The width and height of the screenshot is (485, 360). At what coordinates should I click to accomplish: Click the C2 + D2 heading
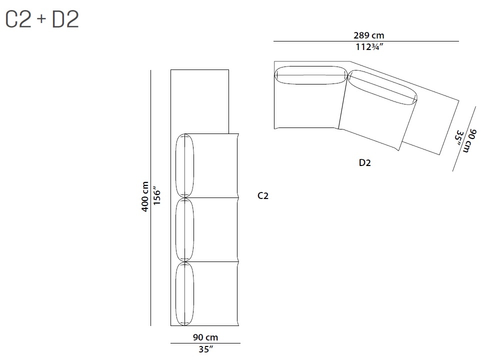(x=42, y=19)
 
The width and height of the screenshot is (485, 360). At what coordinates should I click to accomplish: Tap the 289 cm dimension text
(x=368, y=35)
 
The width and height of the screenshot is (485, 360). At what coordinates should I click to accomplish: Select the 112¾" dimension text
(x=369, y=47)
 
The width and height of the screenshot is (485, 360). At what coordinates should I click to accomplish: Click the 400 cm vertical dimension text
(x=145, y=196)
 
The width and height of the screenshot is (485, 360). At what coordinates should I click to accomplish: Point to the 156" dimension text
(x=157, y=195)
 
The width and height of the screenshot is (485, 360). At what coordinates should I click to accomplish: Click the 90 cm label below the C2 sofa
(x=205, y=337)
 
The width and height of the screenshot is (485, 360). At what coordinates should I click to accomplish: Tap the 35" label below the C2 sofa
(x=205, y=349)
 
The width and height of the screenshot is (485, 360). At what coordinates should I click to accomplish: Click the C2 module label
(x=263, y=196)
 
